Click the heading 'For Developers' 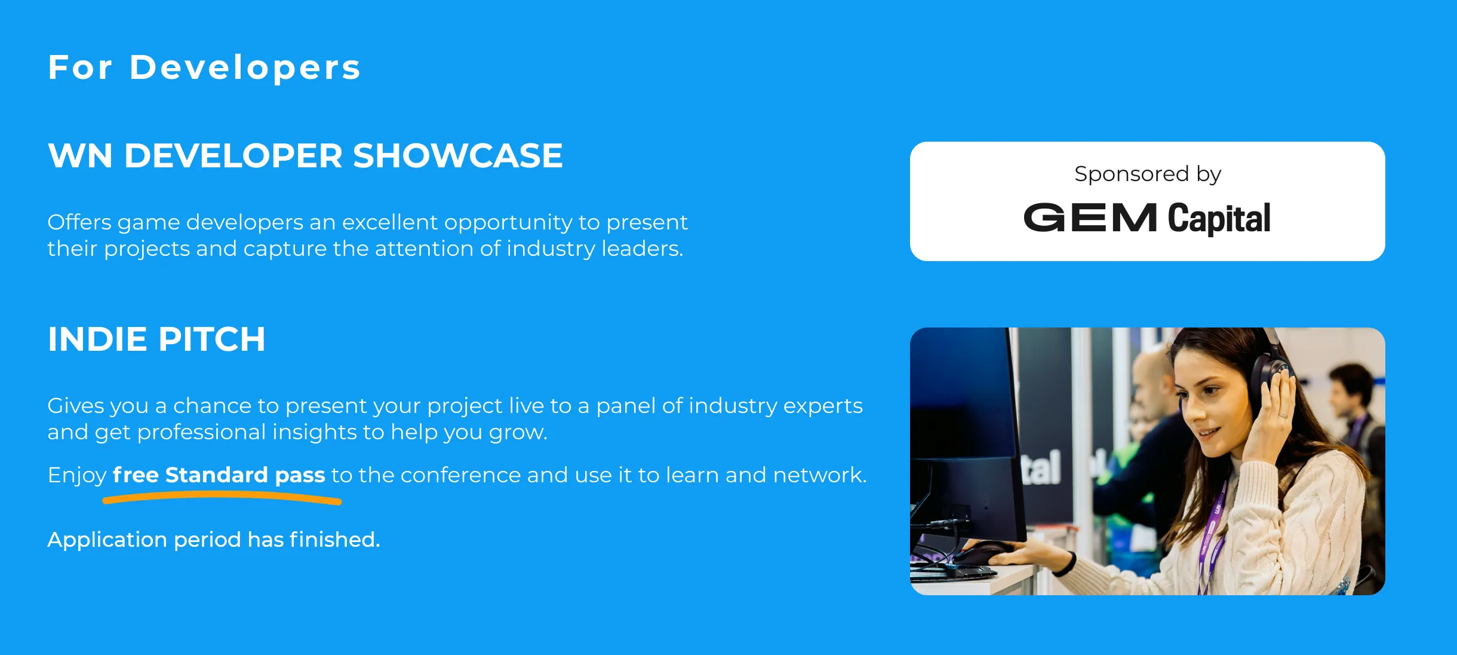pos(204,68)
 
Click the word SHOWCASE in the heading pos(457,156)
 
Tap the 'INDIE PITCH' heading pos(156,339)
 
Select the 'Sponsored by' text pos(1147,174)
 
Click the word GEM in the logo pos(1090,218)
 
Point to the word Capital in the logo pos(1219,218)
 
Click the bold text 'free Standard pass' pos(219,475)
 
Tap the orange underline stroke pos(222,497)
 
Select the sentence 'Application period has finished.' pos(214,540)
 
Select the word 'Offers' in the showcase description pos(79,222)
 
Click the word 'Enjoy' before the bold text pos(77,476)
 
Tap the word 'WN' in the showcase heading pos(80,156)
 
